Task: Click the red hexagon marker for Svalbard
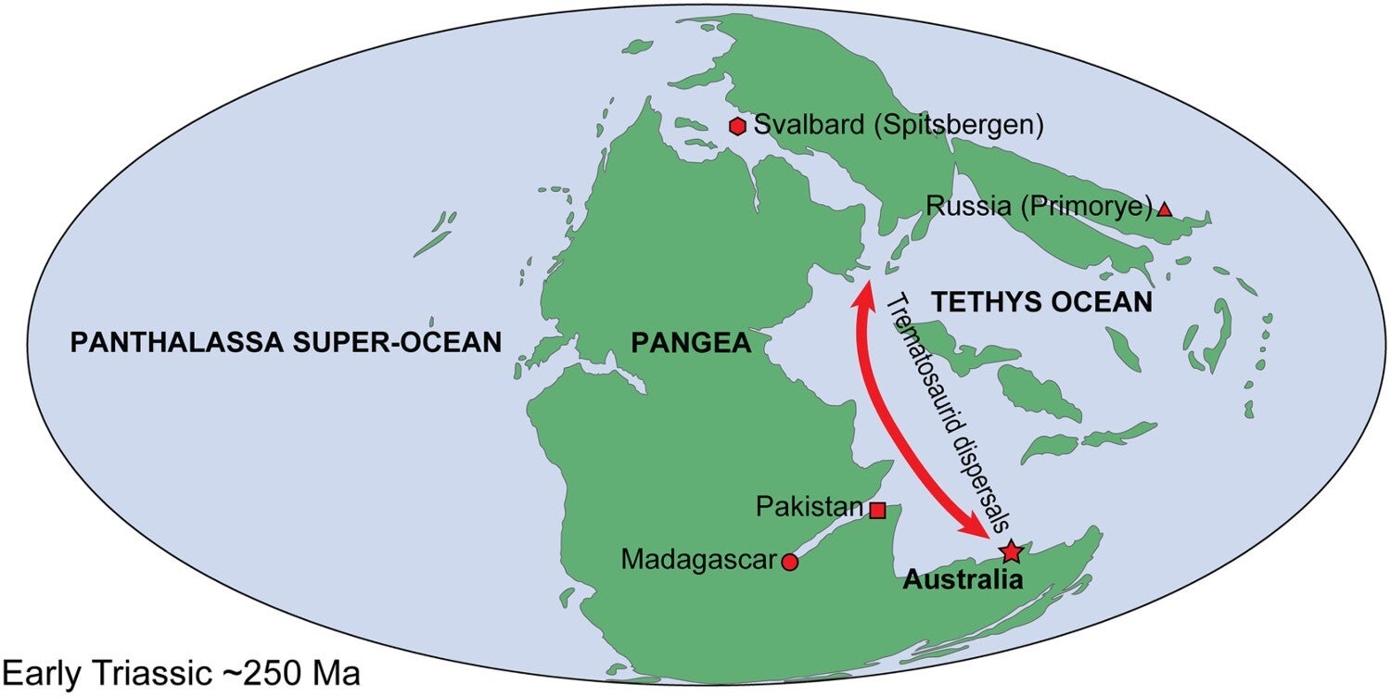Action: pos(738,126)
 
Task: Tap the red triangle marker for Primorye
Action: pos(1165,210)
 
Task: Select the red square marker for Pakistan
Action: pos(877,510)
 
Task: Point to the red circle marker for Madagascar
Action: pos(790,561)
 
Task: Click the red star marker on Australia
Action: pos(1012,552)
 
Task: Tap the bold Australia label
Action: pos(963,582)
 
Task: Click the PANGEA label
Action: pos(690,344)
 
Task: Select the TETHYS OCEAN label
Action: pos(1041,302)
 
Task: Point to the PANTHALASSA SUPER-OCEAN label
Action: pos(286,342)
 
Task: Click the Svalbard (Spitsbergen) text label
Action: pos(899,125)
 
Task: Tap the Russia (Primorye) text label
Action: pos(1039,206)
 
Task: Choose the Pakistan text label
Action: pos(810,509)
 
